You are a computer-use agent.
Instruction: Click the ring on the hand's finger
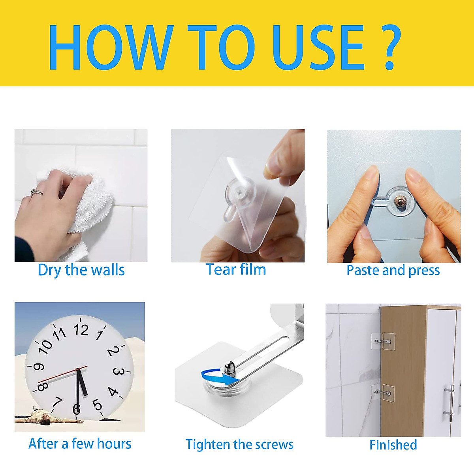tap(36, 192)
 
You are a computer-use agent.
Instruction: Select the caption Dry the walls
tap(81, 270)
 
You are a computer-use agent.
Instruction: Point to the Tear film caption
tap(236, 269)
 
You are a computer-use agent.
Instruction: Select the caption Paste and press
tap(393, 270)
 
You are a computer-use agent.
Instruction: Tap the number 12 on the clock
tap(81, 330)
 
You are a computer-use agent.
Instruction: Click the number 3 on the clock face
tap(118, 371)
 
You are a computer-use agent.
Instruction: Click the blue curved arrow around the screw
tap(216, 378)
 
